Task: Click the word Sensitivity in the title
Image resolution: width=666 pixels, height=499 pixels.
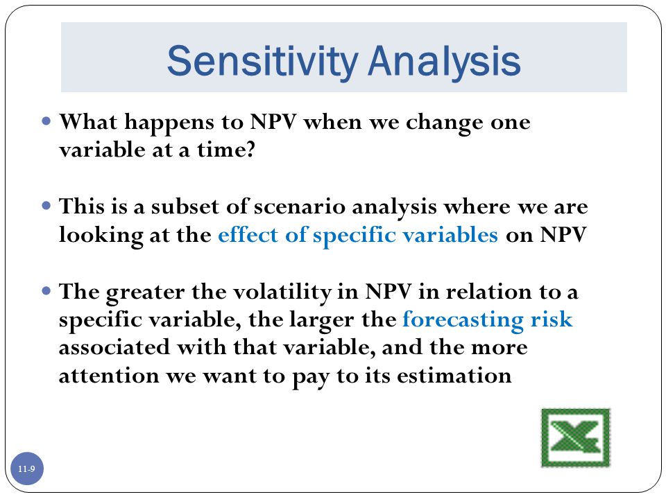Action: coord(262,62)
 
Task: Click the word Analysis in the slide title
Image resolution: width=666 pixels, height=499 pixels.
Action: coord(444,62)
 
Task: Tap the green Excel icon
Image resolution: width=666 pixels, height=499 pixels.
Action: coord(576,437)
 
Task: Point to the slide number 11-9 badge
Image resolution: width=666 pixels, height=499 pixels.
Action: coord(27,469)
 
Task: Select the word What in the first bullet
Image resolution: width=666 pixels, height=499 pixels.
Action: coord(88,122)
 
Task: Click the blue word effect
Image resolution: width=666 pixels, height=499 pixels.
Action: coord(248,235)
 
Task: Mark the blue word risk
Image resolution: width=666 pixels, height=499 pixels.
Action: coord(552,319)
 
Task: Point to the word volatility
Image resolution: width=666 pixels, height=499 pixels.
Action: coord(282,292)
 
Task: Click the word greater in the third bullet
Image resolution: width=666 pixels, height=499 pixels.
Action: coord(145,293)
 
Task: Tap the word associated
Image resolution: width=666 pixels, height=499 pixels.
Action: coord(114,347)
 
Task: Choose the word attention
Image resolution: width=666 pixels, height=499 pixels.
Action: coord(109,376)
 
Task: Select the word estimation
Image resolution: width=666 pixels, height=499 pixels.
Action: coord(454,376)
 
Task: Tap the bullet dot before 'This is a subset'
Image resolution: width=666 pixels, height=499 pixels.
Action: coord(46,207)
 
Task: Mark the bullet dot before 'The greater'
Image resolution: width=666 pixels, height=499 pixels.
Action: coord(46,291)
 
